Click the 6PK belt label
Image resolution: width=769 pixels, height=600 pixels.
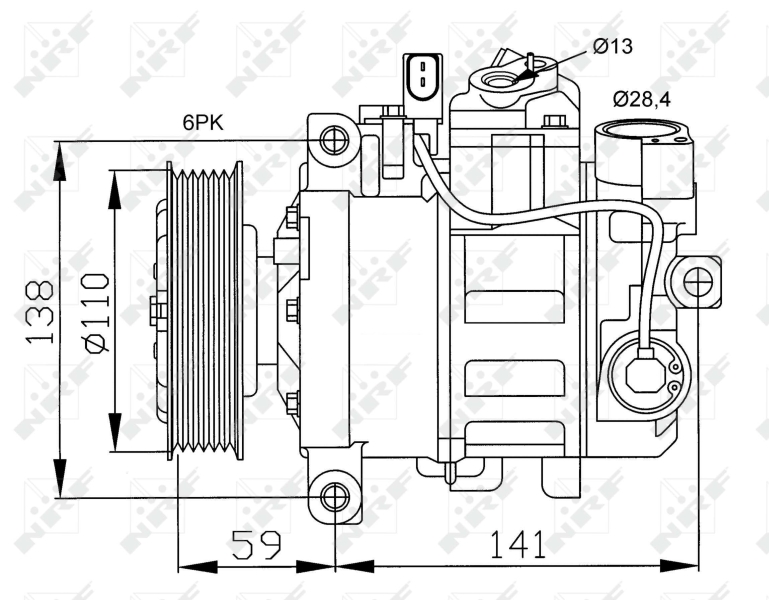(x=202, y=123)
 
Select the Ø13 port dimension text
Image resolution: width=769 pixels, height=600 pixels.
(x=611, y=45)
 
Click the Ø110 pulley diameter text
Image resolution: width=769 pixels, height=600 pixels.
(x=96, y=312)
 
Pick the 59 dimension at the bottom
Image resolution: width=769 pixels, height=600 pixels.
(x=256, y=545)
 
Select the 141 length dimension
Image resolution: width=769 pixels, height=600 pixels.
(x=517, y=545)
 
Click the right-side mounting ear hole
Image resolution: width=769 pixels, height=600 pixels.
(x=698, y=283)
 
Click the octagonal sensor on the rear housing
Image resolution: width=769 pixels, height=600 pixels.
(x=644, y=374)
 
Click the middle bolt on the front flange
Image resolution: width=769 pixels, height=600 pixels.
(x=292, y=311)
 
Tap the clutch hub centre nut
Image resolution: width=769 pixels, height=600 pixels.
(x=157, y=310)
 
